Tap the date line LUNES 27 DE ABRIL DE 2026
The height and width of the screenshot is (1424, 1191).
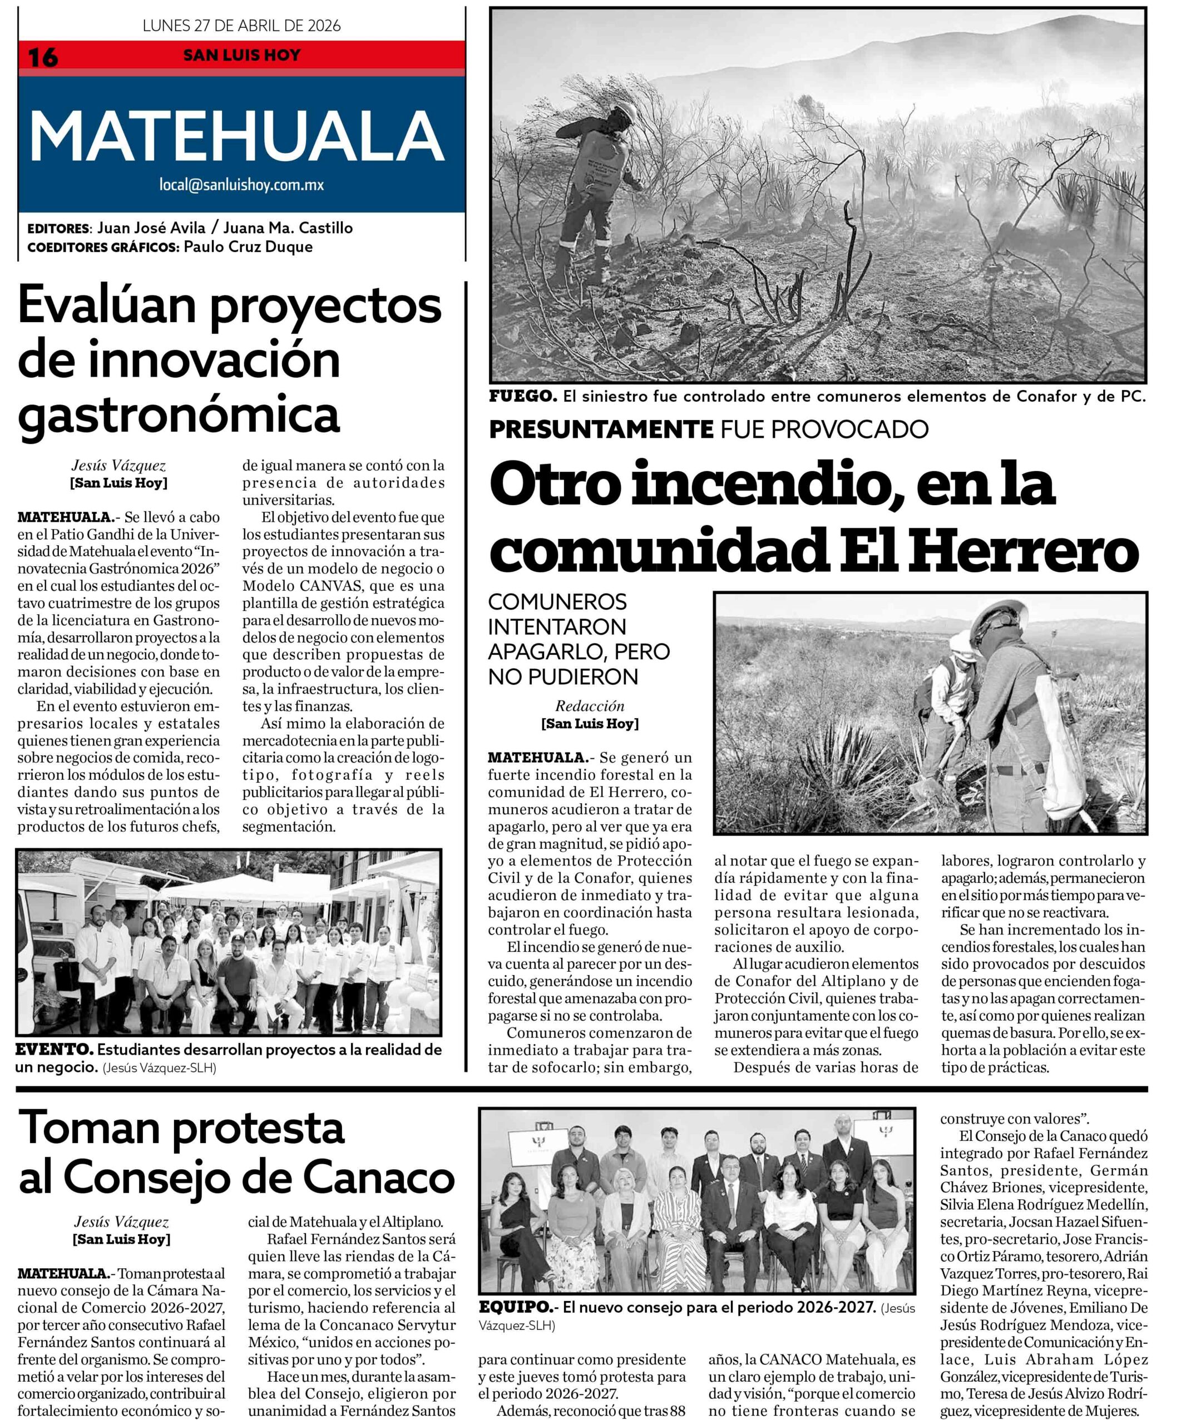[x=241, y=26]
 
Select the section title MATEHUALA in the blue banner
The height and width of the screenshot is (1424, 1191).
[x=238, y=136]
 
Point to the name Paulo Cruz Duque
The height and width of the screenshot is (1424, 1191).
[x=248, y=247]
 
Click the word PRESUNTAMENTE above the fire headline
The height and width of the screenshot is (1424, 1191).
[x=601, y=429]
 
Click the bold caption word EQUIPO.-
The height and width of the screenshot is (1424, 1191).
[x=517, y=1307]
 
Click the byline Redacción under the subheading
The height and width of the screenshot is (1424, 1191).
[x=590, y=706]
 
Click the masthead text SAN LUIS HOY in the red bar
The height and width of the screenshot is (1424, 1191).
[x=241, y=55]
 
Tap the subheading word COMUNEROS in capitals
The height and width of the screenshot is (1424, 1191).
[x=557, y=601]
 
